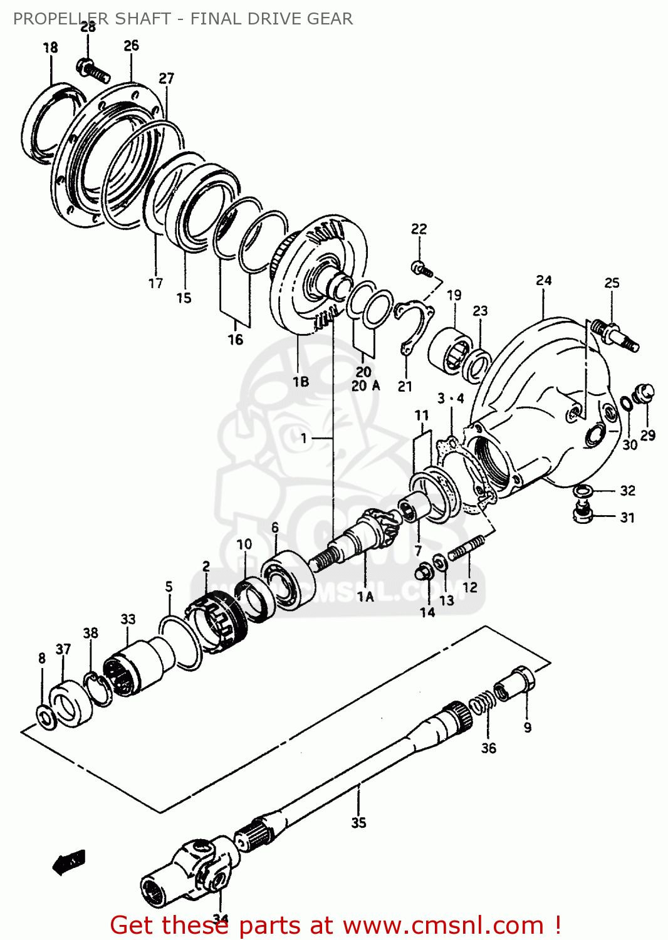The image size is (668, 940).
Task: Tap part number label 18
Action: [x=50, y=48]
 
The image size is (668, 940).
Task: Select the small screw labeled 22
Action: [x=422, y=269]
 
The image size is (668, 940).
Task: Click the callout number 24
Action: [x=544, y=280]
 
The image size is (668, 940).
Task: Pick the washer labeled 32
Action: [x=583, y=489]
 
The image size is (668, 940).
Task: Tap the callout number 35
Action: [x=358, y=822]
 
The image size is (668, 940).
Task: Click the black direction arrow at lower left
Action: [x=69, y=862]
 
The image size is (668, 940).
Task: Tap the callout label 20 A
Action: [x=365, y=386]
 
